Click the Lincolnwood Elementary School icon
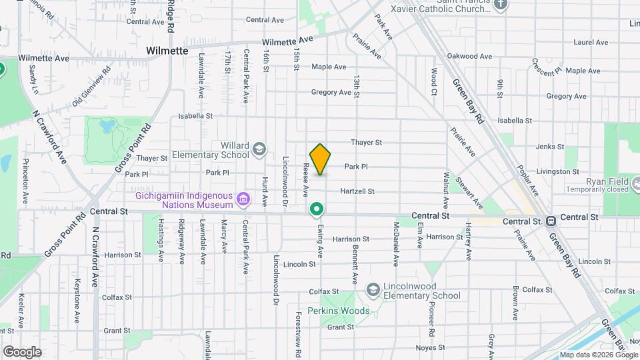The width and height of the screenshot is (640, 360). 373,288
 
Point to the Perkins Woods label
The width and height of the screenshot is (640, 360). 338,311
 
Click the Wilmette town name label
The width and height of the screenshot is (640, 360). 167,51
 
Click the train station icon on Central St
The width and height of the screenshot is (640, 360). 551,221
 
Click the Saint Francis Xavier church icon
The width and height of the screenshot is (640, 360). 502,4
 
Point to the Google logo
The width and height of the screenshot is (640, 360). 22,351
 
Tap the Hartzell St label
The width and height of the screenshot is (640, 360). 357,191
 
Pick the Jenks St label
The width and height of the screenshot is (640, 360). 550,147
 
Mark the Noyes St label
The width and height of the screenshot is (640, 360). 430,347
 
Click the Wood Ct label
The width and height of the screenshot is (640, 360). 433,80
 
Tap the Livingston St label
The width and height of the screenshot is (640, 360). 559,171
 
